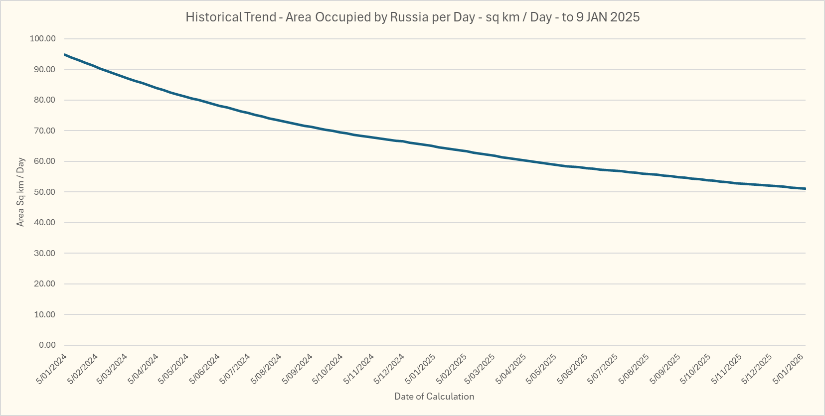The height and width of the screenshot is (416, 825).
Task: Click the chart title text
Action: click(412, 17)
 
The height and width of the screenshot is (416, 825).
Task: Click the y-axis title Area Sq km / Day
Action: click(20, 192)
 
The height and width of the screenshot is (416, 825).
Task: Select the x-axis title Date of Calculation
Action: click(434, 397)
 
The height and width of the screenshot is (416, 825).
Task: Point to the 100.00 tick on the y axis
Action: click(43, 39)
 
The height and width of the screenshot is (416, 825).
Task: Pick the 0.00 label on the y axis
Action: click(47, 345)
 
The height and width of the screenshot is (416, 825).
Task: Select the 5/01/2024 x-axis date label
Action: click(52, 369)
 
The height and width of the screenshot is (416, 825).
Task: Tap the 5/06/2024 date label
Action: click(205, 369)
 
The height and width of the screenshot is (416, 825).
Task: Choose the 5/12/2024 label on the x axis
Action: click(389, 369)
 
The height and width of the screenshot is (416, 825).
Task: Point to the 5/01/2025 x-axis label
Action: click(420, 369)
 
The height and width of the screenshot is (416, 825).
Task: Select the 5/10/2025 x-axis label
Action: click(696, 369)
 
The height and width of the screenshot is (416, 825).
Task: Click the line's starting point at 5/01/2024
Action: click(65, 54)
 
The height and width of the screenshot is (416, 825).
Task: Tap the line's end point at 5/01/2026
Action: click(805, 189)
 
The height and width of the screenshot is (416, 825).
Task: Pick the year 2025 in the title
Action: click(625, 17)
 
